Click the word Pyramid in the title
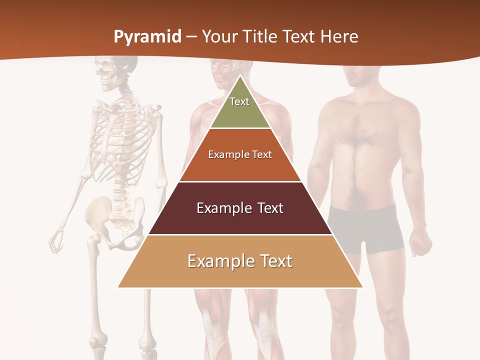(x=147, y=37)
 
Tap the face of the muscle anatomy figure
(x=220, y=75)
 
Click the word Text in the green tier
(x=239, y=101)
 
